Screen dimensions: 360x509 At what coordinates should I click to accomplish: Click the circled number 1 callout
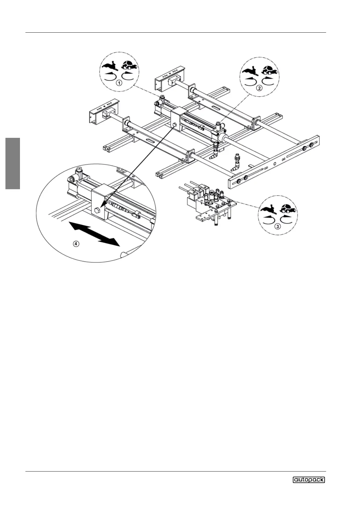(x=119, y=83)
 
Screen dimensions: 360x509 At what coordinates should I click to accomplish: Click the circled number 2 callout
(x=259, y=88)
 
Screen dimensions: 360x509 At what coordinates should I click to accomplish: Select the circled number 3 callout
(x=277, y=226)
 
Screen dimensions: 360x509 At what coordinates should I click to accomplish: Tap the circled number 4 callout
(x=77, y=244)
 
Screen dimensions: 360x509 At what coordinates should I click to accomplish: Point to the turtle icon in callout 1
(x=129, y=65)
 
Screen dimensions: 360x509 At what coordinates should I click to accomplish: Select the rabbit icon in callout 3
(x=269, y=209)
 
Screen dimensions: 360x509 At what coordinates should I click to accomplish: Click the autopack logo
(x=309, y=479)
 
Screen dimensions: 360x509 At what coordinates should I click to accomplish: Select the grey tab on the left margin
(x=13, y=163)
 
